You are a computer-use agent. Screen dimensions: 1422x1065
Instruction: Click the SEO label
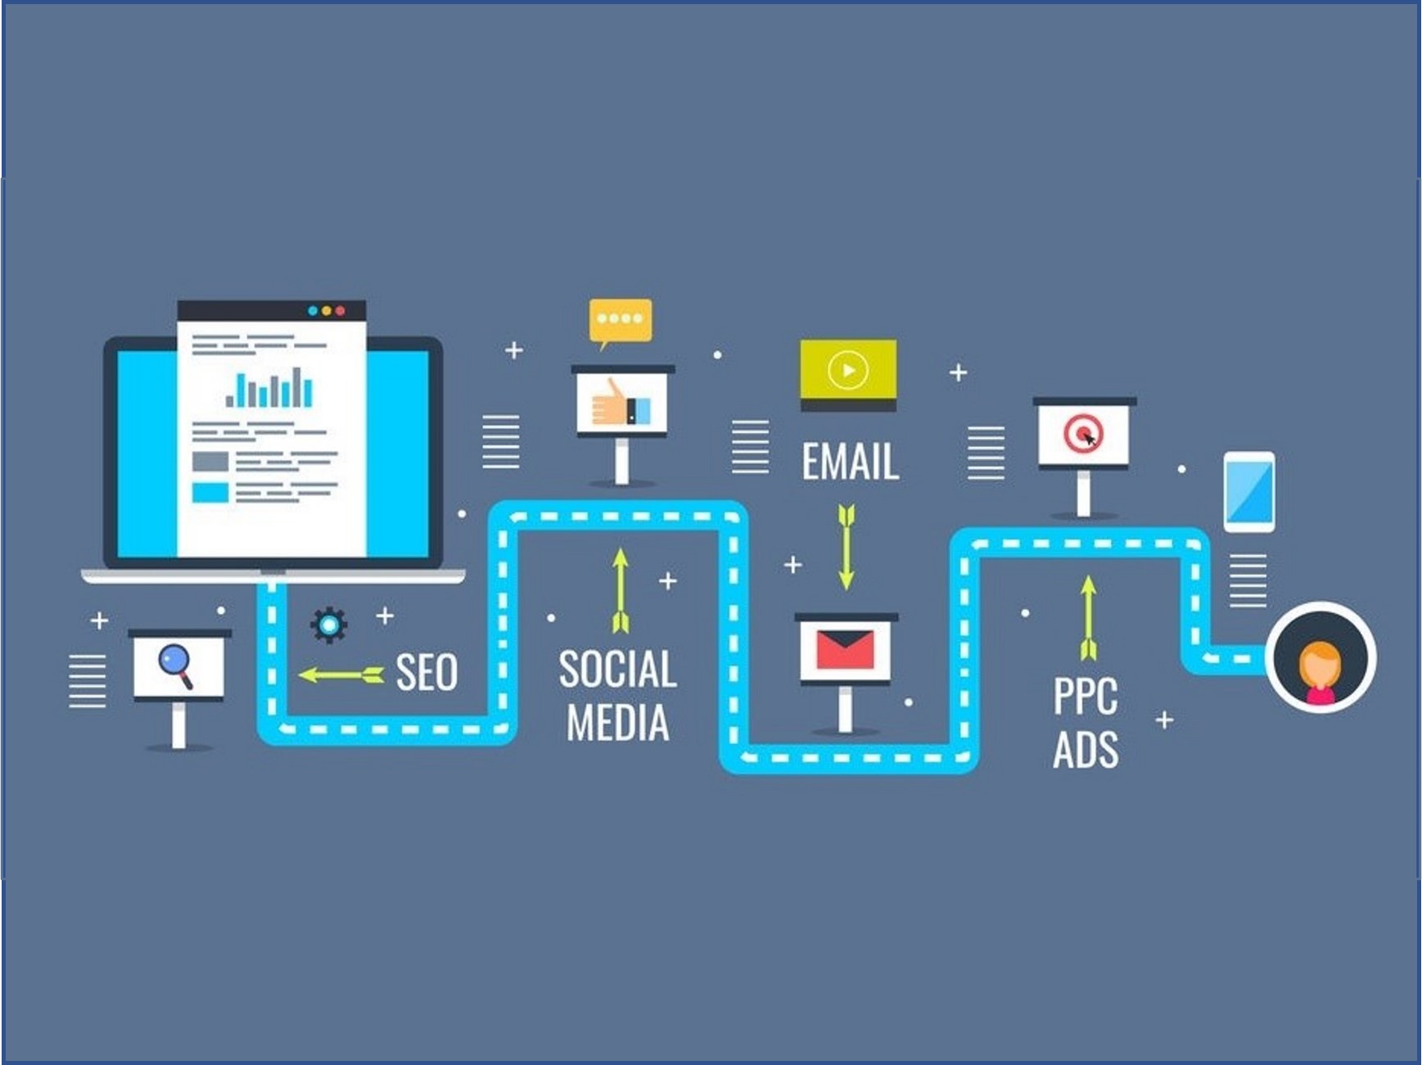pos(427,673)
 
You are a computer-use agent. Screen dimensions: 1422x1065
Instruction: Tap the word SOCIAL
pos(618,669)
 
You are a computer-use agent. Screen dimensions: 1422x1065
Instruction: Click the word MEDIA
pos(618,723)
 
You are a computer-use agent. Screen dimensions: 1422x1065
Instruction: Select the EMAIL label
pos(850,462)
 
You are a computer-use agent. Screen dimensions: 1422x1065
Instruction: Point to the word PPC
pos(1086,696)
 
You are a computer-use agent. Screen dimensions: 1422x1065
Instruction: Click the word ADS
pos(1086,749)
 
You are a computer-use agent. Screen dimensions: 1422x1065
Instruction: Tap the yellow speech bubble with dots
pos(621,322)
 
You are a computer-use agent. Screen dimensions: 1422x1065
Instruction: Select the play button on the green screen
pos(848,371)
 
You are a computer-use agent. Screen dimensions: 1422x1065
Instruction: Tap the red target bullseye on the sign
pos(1083,433)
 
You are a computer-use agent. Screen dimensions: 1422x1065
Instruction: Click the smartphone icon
pos(1249,492)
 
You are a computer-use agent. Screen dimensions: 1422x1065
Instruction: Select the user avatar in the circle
pos(1320,658)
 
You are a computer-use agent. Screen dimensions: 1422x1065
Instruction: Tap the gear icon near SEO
pos(329,625)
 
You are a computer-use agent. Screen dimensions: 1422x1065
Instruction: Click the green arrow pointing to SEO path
pos(341,675)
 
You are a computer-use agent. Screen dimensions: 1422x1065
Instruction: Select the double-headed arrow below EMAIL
pos(846,547)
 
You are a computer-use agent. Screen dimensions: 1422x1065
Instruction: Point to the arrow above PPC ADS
pos(1088,617)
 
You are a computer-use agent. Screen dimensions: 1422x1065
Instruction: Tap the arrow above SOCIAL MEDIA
pos(621,590)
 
